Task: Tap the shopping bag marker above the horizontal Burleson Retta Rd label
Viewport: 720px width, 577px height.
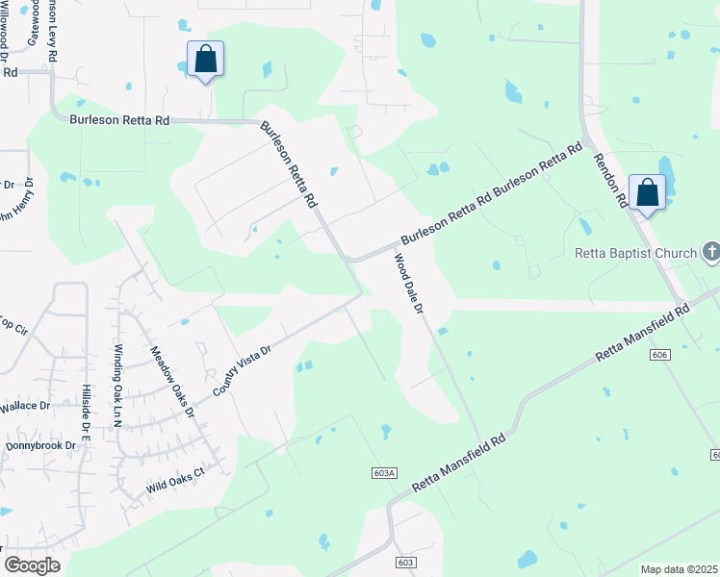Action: [x=205, y=60]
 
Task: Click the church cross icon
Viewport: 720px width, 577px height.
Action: [x=710, y=253]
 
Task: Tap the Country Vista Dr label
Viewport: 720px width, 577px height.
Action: [x=242, y=370]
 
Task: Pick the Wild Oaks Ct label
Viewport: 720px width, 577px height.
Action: [x=176, y=481]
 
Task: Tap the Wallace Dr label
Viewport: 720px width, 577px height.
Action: [x=25, y=407]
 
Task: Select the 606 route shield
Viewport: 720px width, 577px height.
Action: [x=658, y=355]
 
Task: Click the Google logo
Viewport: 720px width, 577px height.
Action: [x=32, y=564]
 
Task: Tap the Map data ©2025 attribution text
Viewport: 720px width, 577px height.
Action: [x=680, y=569]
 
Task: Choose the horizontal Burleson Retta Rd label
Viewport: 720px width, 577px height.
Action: [x=119, y=120]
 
